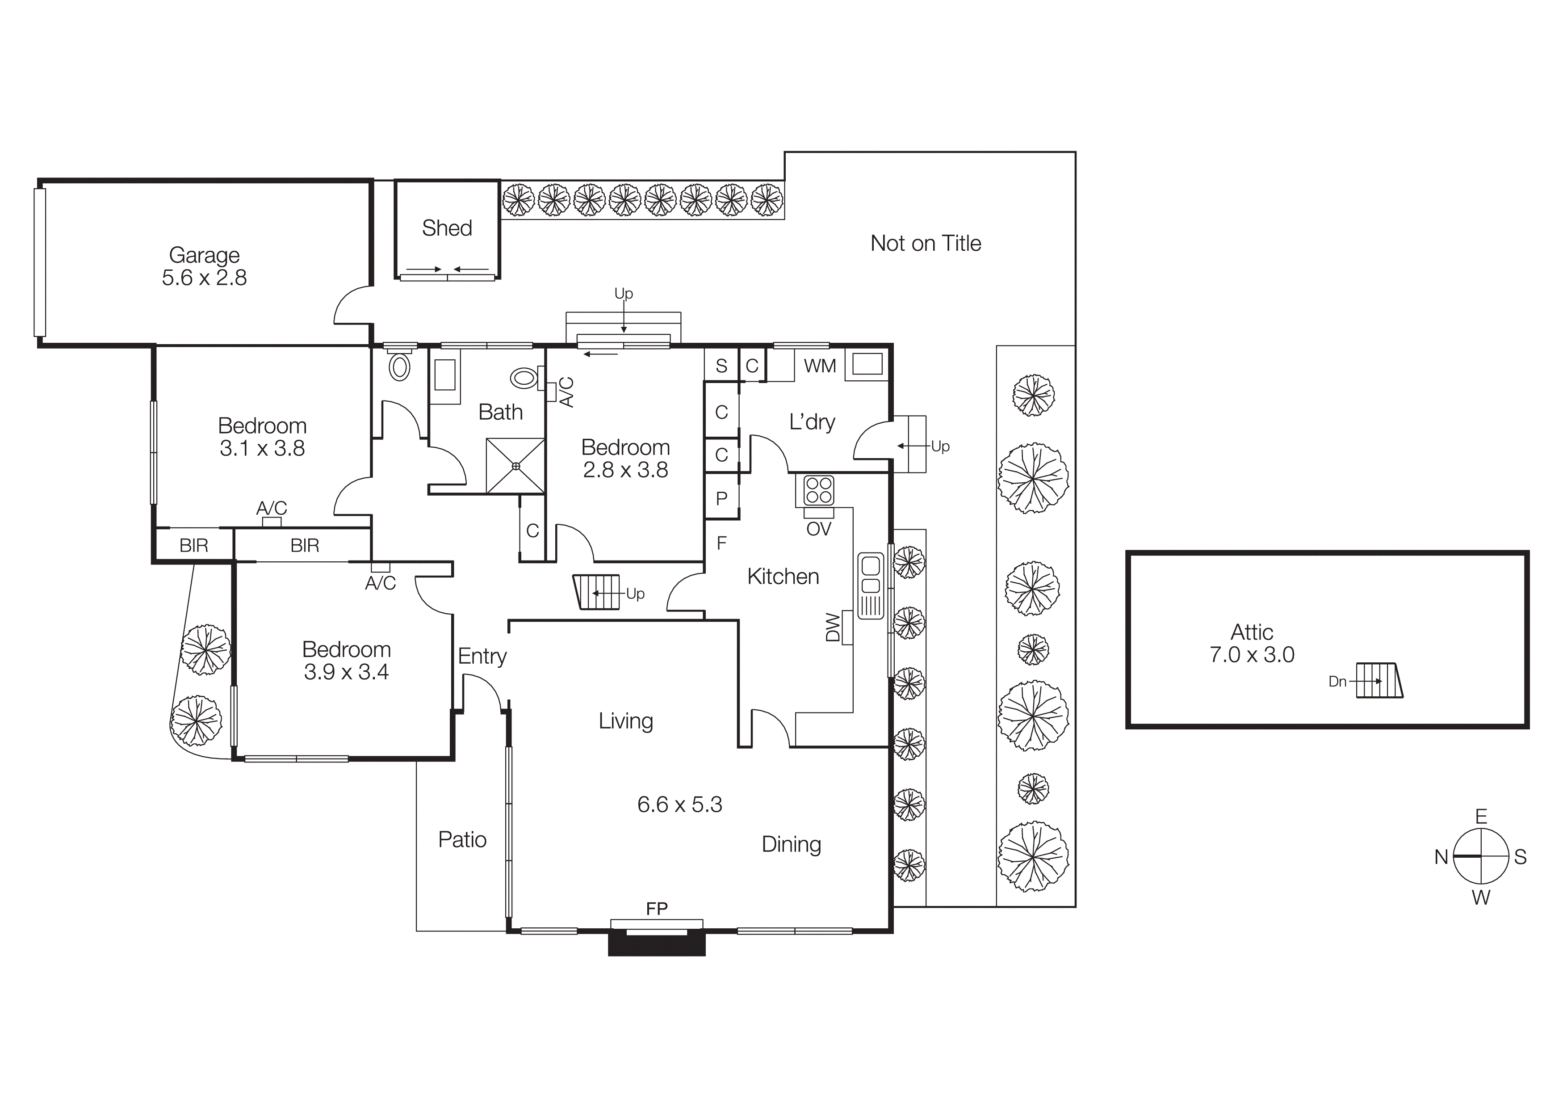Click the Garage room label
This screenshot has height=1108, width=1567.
tap(204, 255)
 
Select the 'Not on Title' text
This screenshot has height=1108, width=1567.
tap(926, 243)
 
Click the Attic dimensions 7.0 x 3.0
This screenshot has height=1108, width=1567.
tap(1252, 655)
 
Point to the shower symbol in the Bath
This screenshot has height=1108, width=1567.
tap(515, 466)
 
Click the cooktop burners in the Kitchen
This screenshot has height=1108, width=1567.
tap(818, 489)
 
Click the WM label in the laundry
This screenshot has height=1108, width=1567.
tap(820, 366)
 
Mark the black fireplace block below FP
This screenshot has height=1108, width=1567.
tap(657, 944)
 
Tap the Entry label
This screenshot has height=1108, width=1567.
tap(482, 656)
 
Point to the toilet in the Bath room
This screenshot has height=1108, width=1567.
tap(524, 378)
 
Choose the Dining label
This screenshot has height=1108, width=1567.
tap(791, 844)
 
